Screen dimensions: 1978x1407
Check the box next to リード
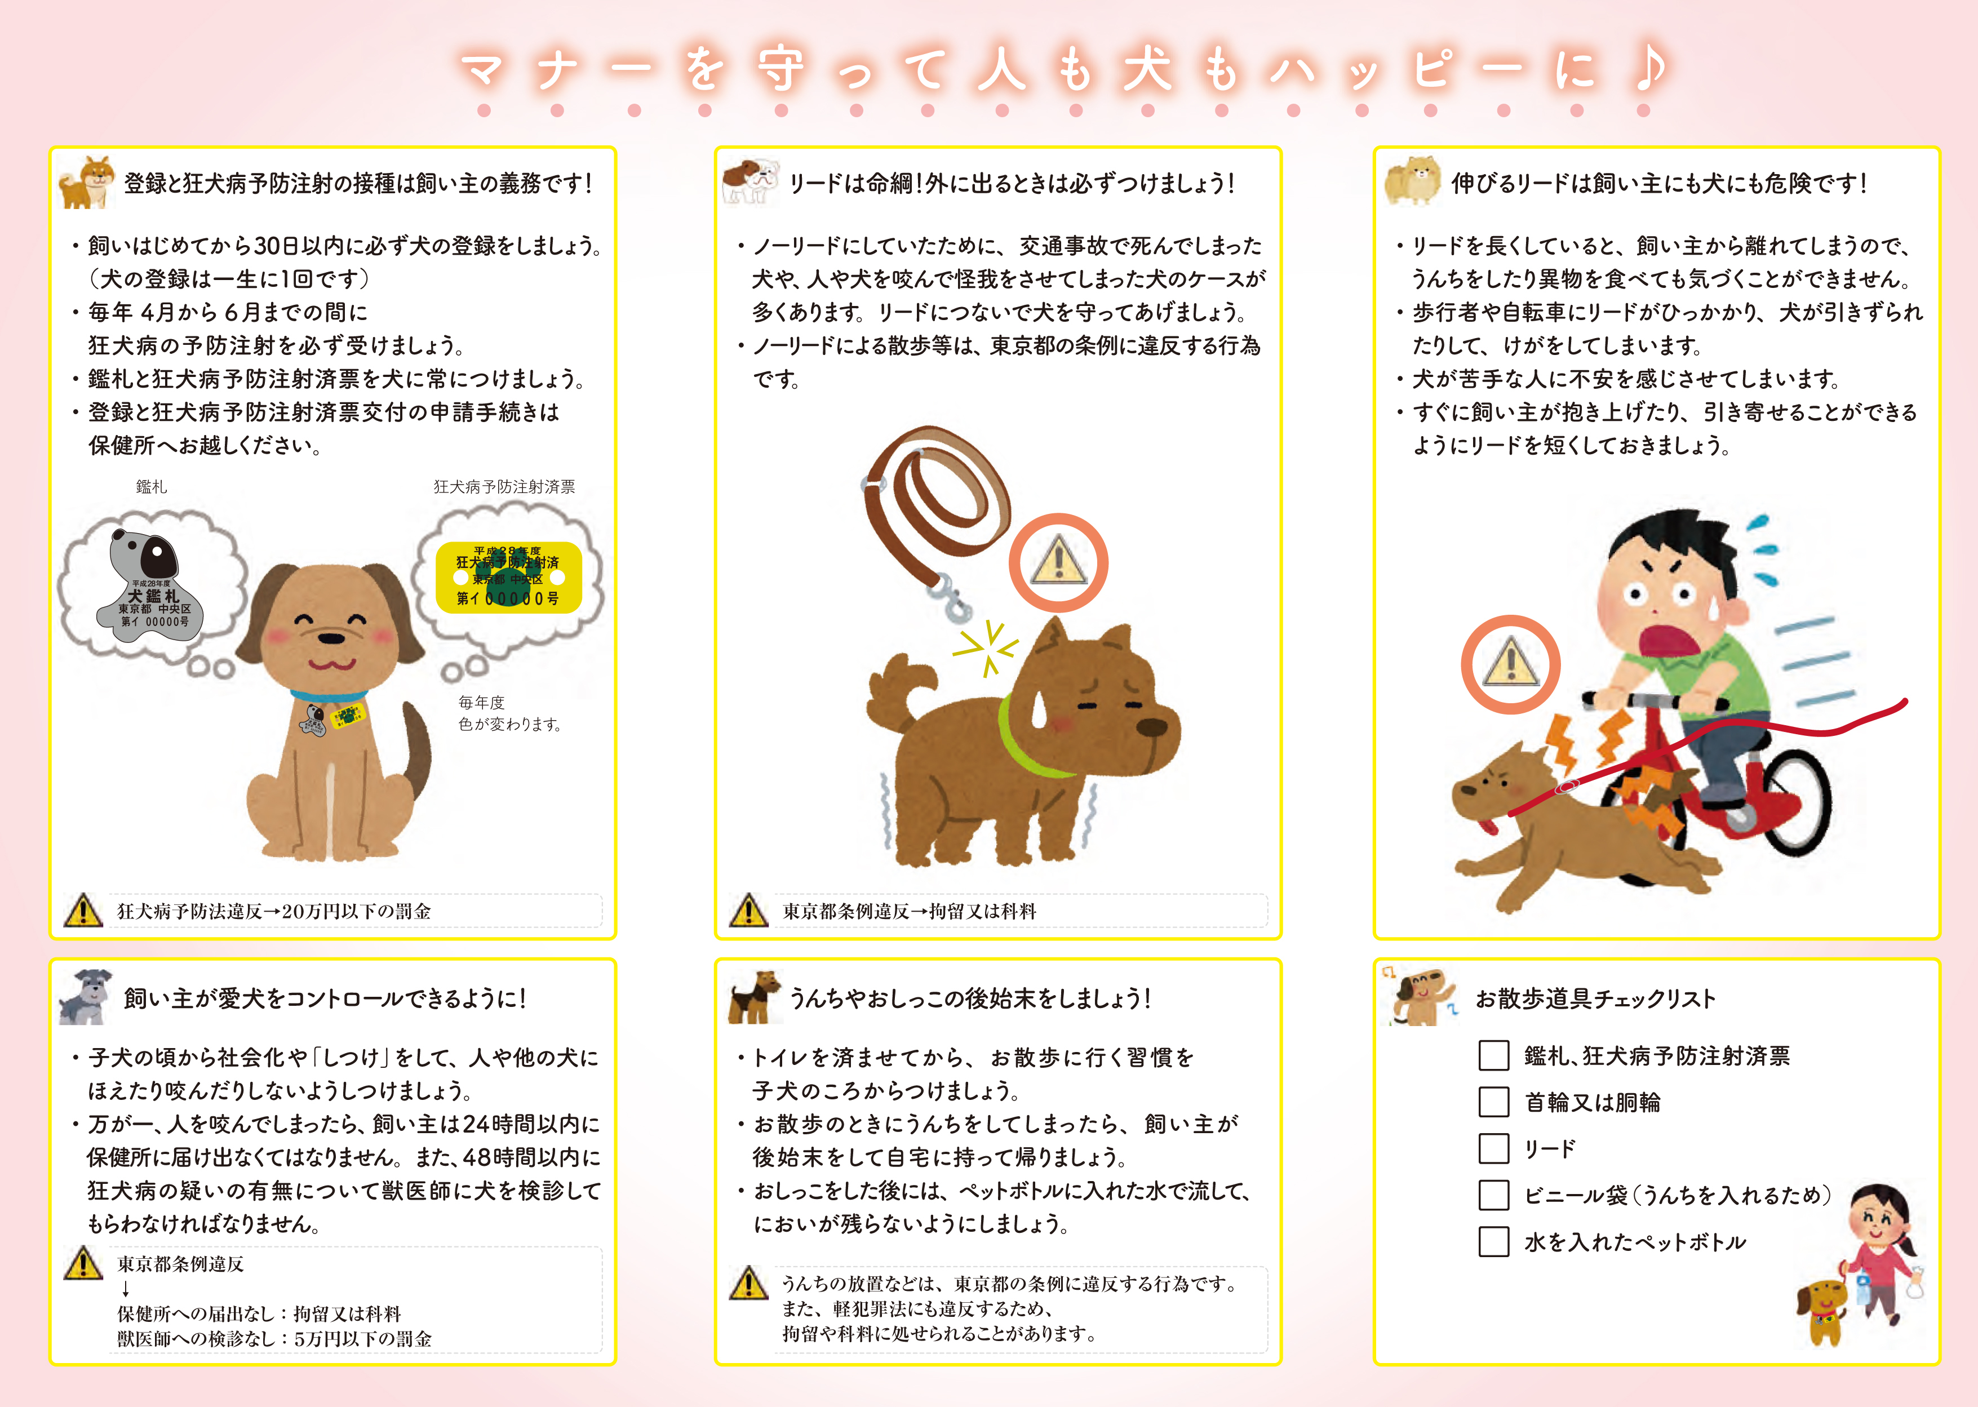1493,1149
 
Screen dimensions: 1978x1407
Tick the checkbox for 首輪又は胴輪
1493,1102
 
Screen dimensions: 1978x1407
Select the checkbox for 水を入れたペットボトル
1493,1241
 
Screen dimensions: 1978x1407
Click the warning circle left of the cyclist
1510,664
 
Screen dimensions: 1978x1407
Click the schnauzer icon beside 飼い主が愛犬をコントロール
86,997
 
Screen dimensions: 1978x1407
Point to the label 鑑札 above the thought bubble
152,487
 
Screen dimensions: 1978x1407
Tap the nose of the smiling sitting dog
330,638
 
